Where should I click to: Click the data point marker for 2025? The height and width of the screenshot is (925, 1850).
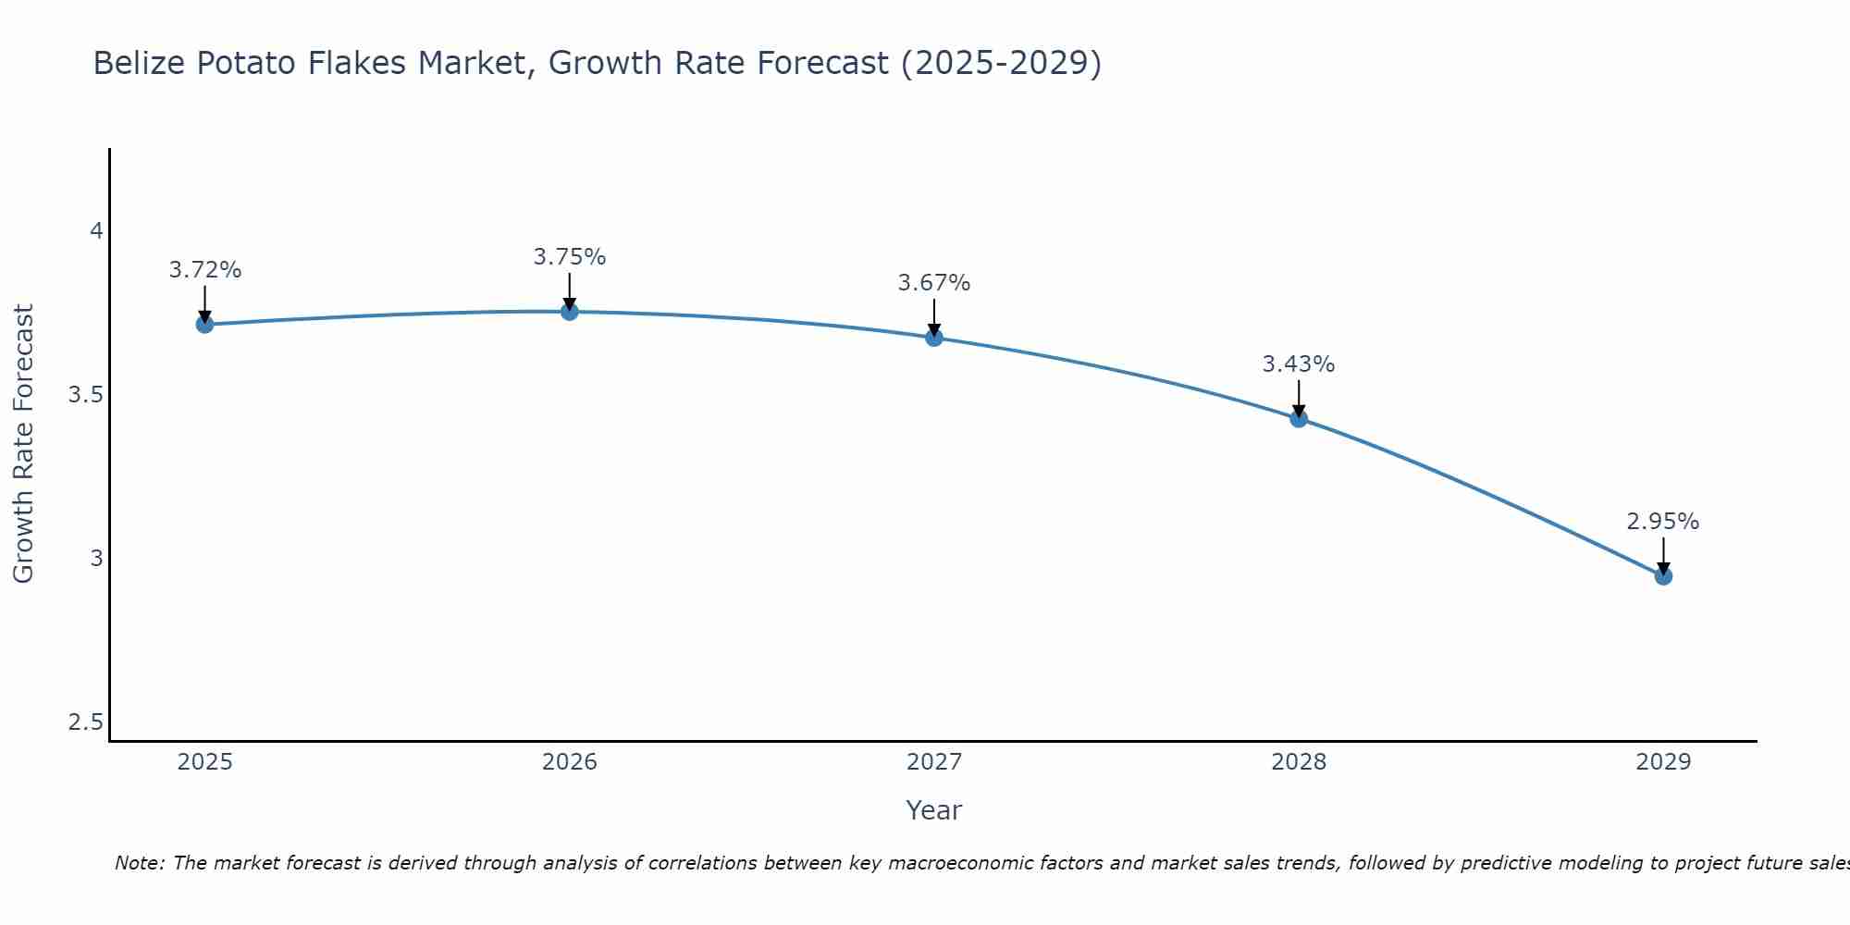204,324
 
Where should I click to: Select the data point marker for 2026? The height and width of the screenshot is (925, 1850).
570,312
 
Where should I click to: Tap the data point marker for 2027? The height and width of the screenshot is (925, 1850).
934,338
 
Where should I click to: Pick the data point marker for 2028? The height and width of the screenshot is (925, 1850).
1299,418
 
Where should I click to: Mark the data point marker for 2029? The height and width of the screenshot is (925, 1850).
1663,576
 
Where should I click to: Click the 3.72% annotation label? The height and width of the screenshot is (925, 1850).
204,270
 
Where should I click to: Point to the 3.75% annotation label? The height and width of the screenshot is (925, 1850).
570,257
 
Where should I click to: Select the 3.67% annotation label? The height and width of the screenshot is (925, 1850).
934,283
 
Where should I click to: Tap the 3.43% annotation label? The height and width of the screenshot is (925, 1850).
1299,364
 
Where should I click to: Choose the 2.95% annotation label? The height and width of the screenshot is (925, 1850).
1663,522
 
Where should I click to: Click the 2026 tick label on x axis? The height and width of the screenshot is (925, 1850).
570,762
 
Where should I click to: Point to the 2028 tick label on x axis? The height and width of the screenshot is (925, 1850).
1299,762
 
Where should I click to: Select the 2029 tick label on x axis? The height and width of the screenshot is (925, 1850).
1663,762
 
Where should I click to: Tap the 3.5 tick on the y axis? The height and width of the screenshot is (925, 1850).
85,395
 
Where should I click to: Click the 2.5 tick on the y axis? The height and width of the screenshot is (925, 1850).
85,722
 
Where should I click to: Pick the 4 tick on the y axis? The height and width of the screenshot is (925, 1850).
96,231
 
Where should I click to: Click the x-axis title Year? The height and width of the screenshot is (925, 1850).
934,810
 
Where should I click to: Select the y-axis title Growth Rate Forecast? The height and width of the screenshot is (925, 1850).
24,444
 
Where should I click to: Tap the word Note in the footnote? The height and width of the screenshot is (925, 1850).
139,863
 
